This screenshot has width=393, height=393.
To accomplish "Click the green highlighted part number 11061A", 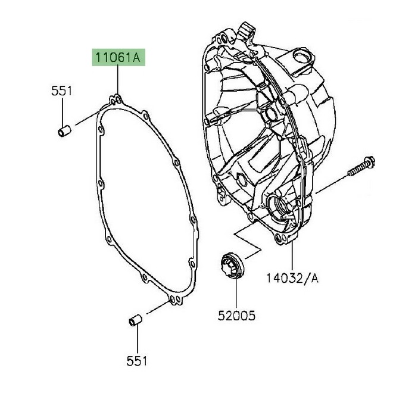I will coord(117,58).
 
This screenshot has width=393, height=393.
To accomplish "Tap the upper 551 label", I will coord(61,91).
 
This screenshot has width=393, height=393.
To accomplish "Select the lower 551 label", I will coord(138,360).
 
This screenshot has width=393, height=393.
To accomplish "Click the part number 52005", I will coord(235,315).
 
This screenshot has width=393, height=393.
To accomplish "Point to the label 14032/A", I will coord(292,278).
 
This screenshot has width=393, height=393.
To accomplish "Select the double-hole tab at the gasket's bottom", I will coord(174,300).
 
